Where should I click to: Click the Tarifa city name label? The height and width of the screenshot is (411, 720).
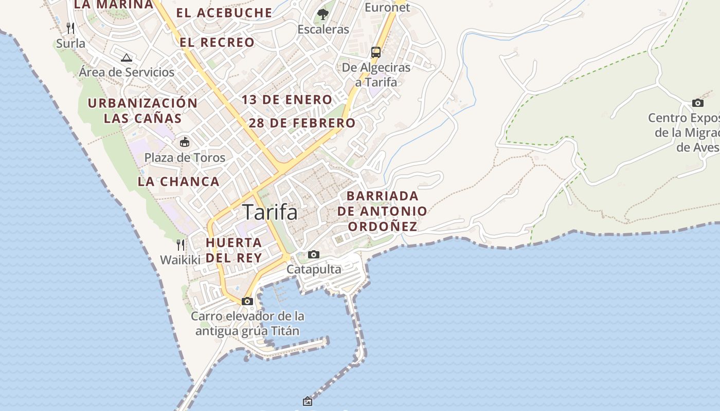click(270, 212)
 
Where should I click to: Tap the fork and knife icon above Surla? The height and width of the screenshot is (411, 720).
click(71, 28)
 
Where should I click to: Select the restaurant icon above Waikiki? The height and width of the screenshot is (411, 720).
click(180, 245)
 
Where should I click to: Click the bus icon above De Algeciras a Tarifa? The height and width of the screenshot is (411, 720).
click(376, 52)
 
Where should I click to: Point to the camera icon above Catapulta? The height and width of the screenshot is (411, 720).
click(313, 254)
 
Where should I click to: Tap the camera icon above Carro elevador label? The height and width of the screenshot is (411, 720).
click(247, 301)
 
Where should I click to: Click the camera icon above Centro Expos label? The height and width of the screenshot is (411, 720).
click(697, 103)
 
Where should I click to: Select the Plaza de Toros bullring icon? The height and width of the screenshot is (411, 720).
click(184, 142)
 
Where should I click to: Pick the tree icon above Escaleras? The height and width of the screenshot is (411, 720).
click(323, 14)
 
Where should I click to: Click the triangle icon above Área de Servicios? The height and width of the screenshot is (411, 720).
click(127, 57)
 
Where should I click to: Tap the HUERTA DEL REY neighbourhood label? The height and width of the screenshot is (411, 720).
click(234, 250)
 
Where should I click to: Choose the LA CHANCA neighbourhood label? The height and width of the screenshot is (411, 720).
click(178, 181)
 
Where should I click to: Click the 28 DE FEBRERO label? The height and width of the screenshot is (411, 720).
click(302, 123)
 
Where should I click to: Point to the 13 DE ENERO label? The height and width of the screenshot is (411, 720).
click(287, 100)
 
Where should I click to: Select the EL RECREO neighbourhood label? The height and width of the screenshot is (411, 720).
click(217, 42)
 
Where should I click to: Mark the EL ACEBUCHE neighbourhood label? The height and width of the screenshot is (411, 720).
click(224, 13)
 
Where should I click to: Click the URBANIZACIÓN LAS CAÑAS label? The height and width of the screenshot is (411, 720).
click(142, 110)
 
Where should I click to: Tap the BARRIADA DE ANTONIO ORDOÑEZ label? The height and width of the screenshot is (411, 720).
click(382, 211)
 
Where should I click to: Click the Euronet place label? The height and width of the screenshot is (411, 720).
click(387, 7)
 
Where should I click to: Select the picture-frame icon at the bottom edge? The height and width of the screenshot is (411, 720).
click(308, 401)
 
